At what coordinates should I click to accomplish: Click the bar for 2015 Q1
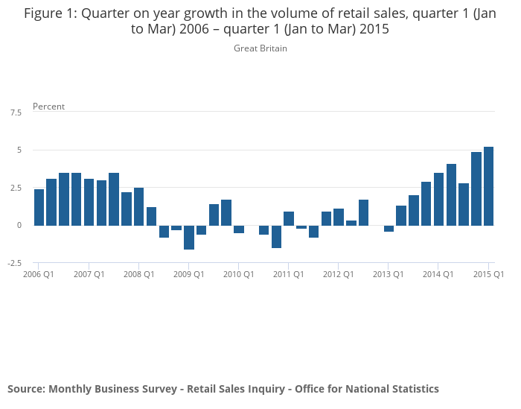488,186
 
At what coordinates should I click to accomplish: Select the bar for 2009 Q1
189,237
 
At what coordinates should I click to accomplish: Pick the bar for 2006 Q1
39,207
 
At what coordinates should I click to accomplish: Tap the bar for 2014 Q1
438,199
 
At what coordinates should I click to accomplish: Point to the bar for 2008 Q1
139,206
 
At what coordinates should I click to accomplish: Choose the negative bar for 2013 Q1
389,228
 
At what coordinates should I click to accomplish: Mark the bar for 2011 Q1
289,218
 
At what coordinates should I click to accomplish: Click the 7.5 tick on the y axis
16,112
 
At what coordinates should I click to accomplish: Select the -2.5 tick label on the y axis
15,263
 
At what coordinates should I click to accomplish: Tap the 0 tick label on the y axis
19,225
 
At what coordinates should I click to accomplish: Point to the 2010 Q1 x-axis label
239,274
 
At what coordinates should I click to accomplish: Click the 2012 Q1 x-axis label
339,274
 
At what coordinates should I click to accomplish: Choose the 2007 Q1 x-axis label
89,274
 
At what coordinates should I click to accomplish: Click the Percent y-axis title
48,107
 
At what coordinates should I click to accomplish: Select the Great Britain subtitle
260,48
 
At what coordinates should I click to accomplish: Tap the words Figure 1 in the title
51,13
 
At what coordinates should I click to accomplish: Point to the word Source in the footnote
25,389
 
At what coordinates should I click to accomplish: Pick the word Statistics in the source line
412,389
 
